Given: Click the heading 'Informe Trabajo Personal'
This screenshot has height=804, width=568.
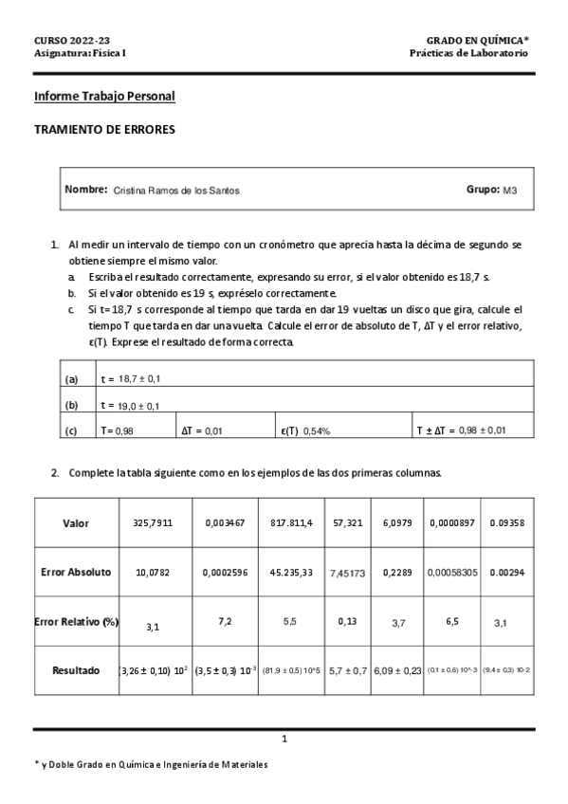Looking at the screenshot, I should pos(104,97).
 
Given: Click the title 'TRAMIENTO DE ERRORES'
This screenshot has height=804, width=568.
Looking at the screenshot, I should pos(104,131).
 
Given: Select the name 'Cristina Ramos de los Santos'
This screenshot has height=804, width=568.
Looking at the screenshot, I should pos(176,191).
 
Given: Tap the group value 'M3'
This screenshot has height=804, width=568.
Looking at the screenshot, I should pos(510,191).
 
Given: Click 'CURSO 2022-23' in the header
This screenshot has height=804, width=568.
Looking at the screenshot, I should pos(72,41).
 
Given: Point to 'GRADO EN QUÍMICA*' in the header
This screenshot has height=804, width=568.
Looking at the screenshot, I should pos(477,41).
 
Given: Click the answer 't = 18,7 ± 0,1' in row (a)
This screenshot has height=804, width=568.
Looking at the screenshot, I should pos(131,379).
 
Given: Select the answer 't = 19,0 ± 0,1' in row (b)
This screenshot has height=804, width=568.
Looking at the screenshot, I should pos(131,406).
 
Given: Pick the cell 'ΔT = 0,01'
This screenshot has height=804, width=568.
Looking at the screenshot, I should pos(203,430).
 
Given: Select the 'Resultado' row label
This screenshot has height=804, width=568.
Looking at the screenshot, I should pos(76,669).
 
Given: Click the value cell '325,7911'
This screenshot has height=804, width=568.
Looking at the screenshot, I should pos(155,522).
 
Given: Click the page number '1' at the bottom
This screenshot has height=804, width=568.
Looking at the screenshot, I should pos(284,738).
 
